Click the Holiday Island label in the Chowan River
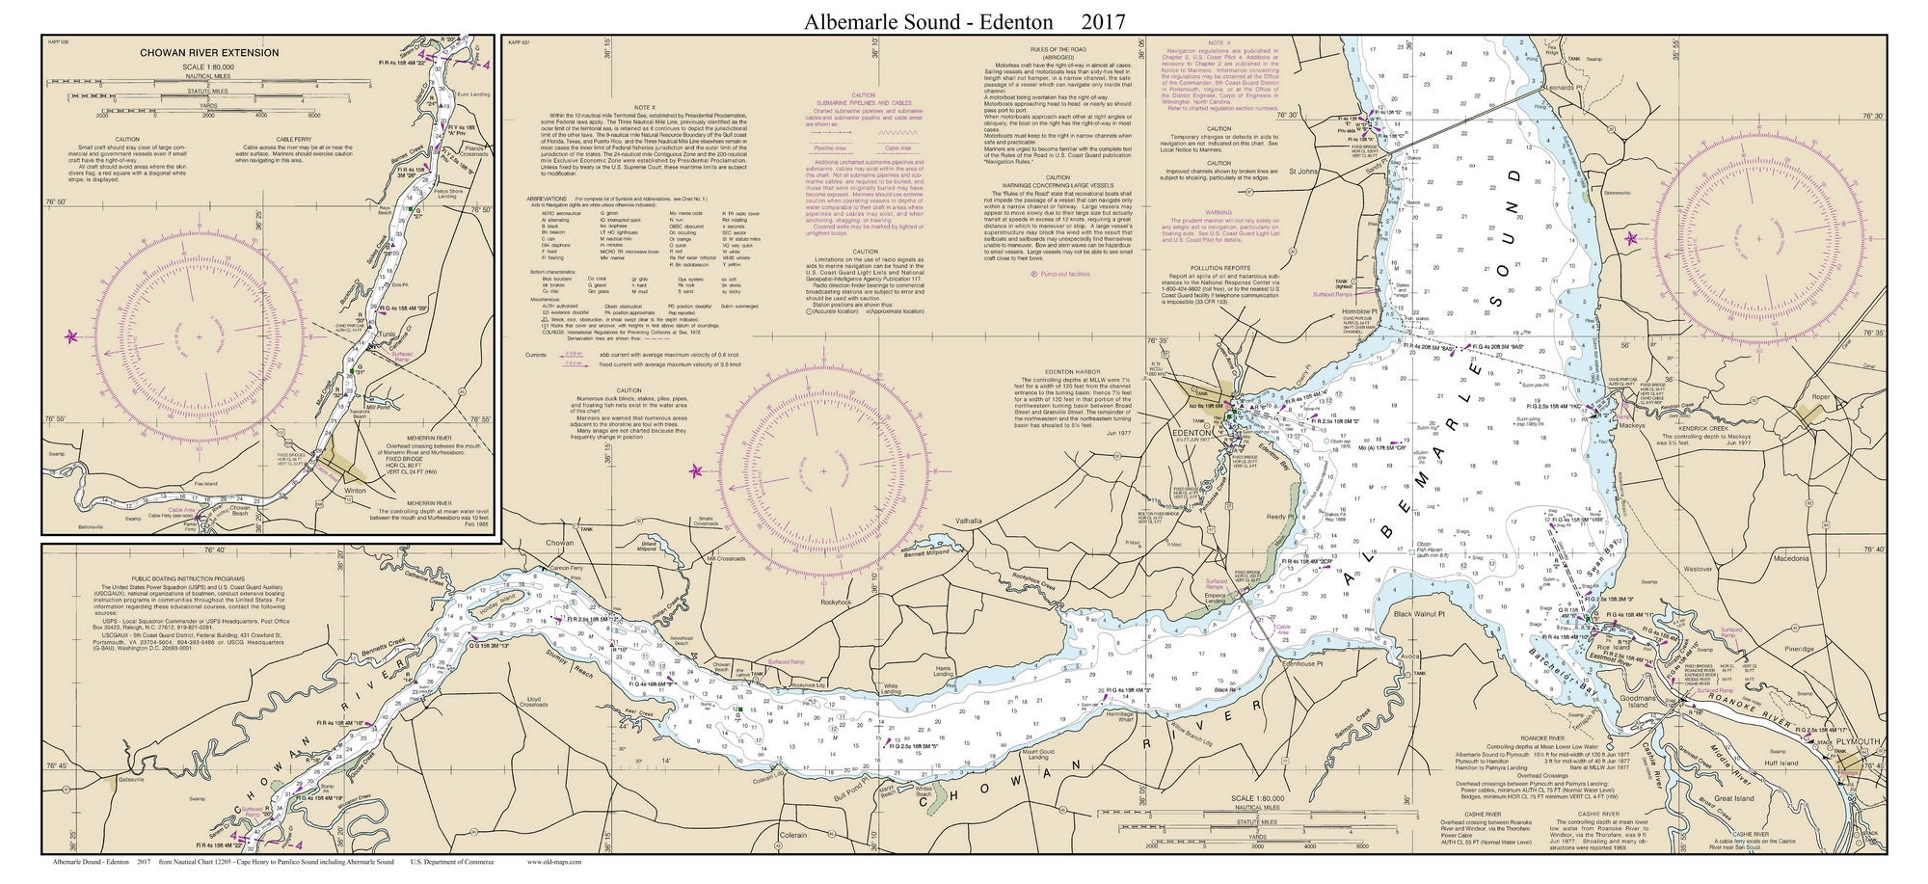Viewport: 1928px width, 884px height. pos(496,600)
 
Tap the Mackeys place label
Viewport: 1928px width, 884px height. pos(1631,424)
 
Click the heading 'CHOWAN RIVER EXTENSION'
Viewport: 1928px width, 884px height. pos(224,53)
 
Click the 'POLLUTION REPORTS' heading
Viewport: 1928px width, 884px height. pos(1219,267)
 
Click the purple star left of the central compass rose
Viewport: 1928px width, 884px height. pos(697,470)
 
